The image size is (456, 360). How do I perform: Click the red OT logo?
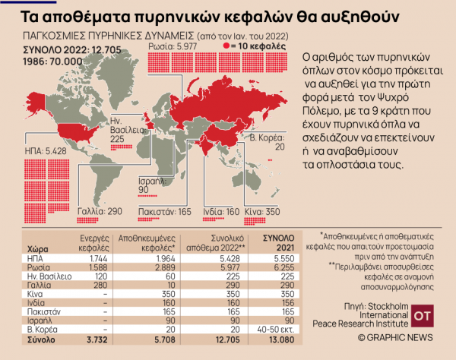tap(421, 314)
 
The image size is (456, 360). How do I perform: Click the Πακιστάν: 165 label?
tap(165, 211)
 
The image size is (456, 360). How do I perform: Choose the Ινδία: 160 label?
tap(221, 211)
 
